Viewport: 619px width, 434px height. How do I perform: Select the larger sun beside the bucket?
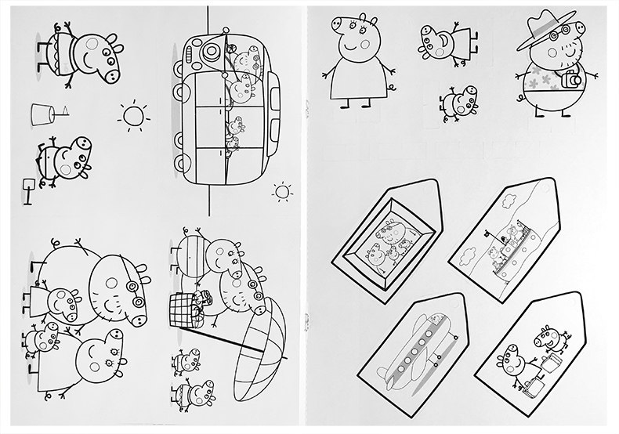click(133, 116)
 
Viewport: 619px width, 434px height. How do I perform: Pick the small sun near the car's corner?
click(281, 190)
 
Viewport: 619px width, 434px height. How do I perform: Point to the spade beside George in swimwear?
click(28, 191)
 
